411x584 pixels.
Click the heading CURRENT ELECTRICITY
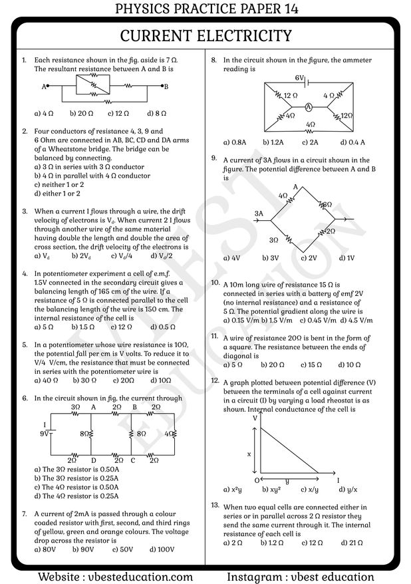tap(205, 35)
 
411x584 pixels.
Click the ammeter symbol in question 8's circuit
tap(309, 106)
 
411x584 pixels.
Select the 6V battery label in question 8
tap(299, 78)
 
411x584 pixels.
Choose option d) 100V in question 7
tap(162, 549)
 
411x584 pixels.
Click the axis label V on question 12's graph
tap(255, 418)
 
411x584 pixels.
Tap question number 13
tap(215, 506)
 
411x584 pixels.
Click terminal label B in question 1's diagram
tap(166, 86)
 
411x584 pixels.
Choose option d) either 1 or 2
tap(57, 194)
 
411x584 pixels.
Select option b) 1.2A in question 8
tap(273, 142)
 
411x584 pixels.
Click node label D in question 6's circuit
tap(93, 460)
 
